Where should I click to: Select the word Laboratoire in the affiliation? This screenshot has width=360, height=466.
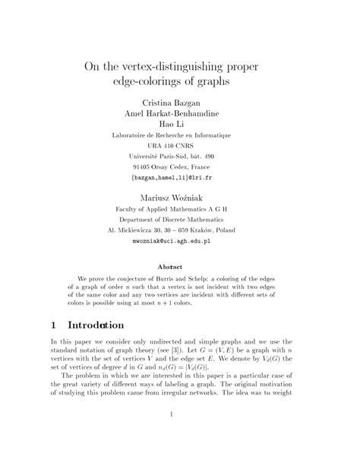(134, 135)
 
